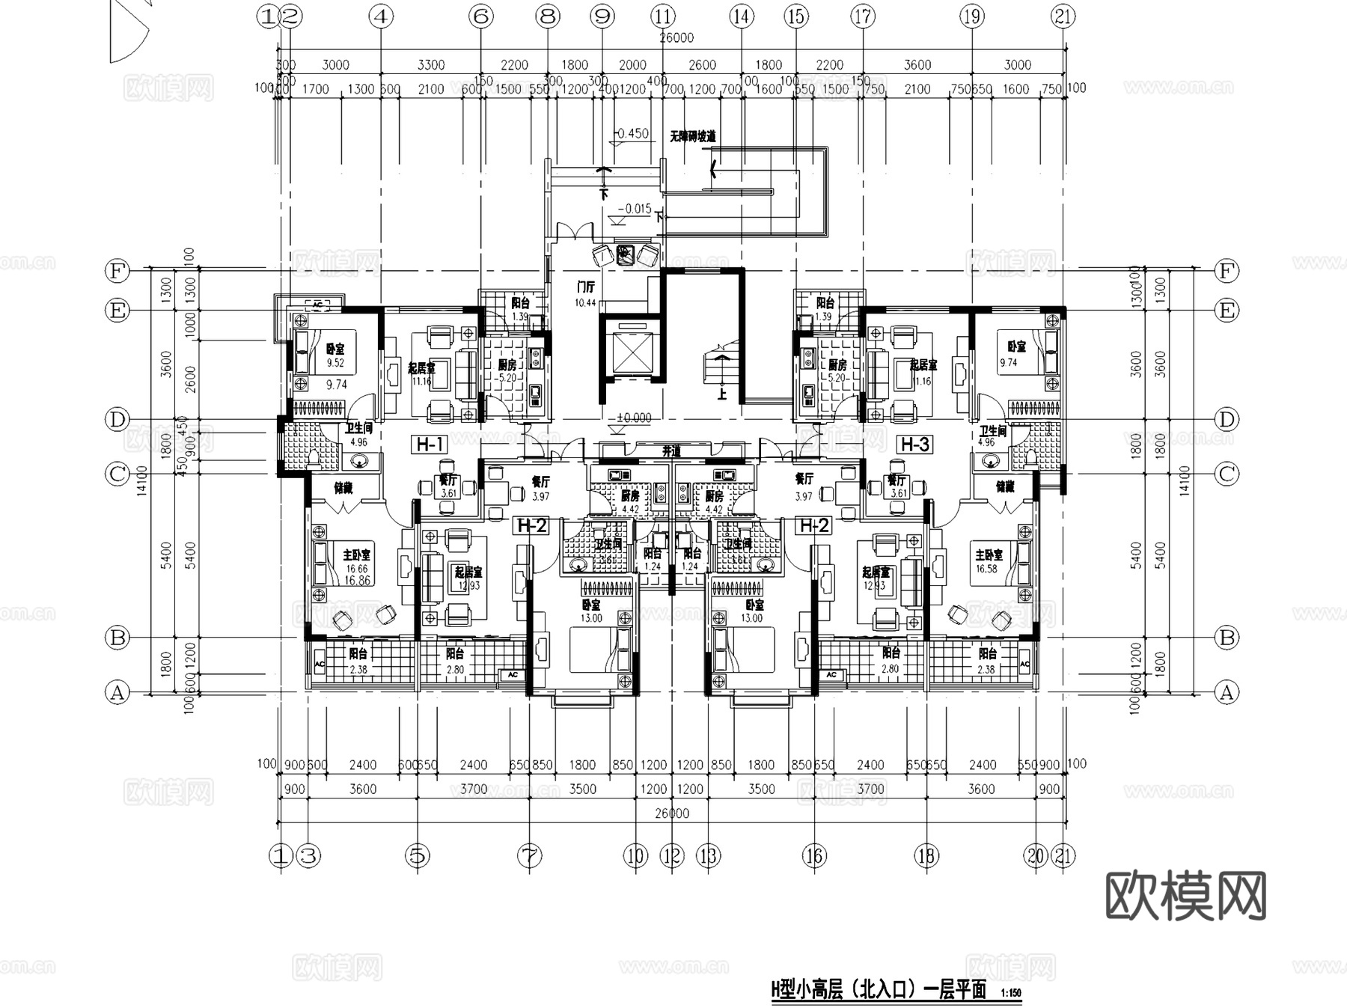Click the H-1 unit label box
tap(430, 445)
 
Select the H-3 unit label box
tap(914, 445)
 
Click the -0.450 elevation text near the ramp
tap(632, 134)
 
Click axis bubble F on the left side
tap(117, 271)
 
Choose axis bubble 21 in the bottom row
tap(1063, 855)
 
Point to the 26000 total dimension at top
tap(676, 38)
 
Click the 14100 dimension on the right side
tap(1183, 480)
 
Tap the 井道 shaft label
tap(671, 452)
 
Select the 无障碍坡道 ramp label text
tap(692, 137)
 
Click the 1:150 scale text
tap(1010, 994)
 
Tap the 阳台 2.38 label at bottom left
tap(358, 661)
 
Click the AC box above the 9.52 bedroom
tap(317, 305)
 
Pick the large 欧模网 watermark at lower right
tap(1185, 895)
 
